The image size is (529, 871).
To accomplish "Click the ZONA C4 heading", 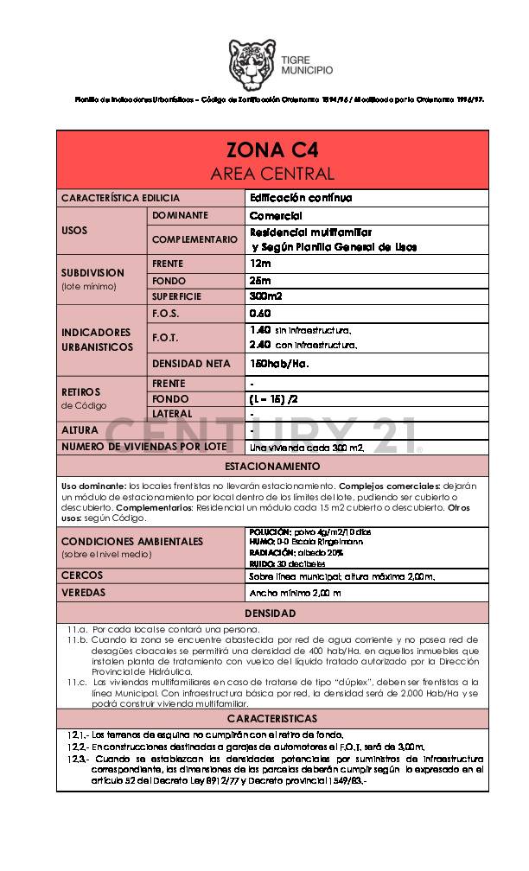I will tap(272, 148).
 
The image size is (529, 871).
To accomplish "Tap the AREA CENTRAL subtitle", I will tap(272, 173).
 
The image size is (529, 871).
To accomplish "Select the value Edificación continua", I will tap(300, 198).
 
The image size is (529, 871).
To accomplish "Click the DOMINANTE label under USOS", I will tap(180, 215).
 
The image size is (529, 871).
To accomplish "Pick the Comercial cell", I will tap(276, 216).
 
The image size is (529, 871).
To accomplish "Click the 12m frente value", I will tap(259, 263).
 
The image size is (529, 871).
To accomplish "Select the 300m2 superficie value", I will tap(265, 296).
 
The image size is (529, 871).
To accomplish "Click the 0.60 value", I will tap(260, 313).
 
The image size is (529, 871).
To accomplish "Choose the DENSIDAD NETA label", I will tap(191, 364).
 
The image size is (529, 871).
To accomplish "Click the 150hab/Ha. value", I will tap(278, 364).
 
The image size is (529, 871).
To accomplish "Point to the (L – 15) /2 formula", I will tap(274, 398).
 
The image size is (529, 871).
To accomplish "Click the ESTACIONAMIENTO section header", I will tap(272, 466).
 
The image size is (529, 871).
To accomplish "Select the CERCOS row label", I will tap(82, 575).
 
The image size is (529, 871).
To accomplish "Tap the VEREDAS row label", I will tap(84, 593).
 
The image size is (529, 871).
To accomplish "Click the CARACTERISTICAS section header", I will tap(272, 719).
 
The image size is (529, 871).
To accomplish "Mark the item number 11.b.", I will tap(77, 639).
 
